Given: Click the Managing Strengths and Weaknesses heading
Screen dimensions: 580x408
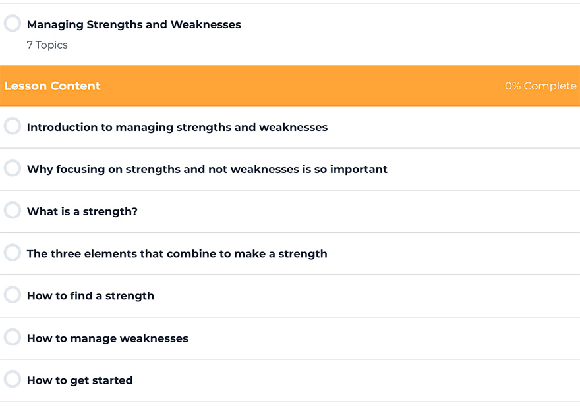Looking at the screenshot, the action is tap(134, 25).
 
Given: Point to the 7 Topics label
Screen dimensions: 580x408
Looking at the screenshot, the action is tap(47, 45).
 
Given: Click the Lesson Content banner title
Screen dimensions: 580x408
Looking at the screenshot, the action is tap(52, 86).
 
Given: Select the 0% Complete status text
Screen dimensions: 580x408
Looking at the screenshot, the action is tap(540, 86).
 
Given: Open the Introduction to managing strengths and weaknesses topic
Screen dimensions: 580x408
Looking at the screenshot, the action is tap(177, 128).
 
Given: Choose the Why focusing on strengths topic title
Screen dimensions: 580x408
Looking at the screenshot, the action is tap(207, 170).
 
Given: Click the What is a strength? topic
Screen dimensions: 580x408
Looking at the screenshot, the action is tap(82, 212).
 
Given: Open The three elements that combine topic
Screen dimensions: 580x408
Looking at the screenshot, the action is tap(177, 254).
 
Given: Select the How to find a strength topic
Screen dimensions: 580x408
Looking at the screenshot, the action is tap(91, 296).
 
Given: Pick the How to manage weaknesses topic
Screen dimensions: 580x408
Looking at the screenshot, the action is tap(107, 339).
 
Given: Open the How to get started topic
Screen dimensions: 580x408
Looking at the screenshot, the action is tap(80, 380).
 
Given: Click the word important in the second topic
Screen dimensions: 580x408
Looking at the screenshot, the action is tap(359, 170).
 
